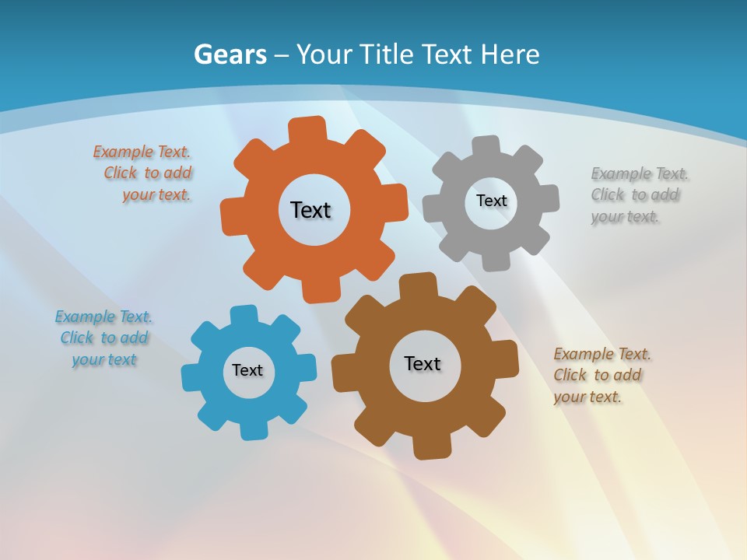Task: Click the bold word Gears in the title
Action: (230, 54)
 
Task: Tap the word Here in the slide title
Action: (510, 54)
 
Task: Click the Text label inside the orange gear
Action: (310, 210)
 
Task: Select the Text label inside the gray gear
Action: (491, 201)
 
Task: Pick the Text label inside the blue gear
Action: (247, 370)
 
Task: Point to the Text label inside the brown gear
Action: (423, 363)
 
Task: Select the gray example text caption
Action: (638, 195)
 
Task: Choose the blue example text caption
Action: (103, 338)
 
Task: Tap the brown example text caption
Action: (601, 376)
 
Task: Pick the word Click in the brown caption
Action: (570, 376)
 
